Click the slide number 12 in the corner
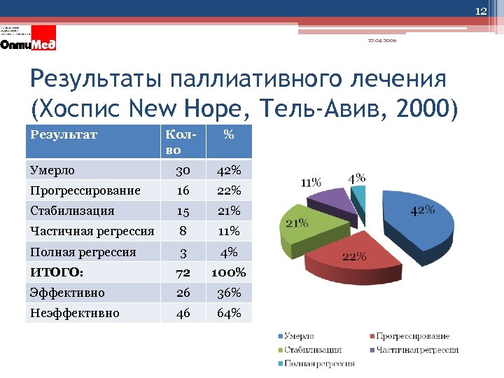coord(481,10)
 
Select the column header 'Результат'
coord(64,134)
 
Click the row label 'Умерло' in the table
coord(52,170)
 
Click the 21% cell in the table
coord(228,211)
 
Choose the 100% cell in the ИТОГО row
coord(228,272)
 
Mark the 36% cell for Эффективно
coord(228,293)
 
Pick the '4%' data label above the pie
coord(356,178)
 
